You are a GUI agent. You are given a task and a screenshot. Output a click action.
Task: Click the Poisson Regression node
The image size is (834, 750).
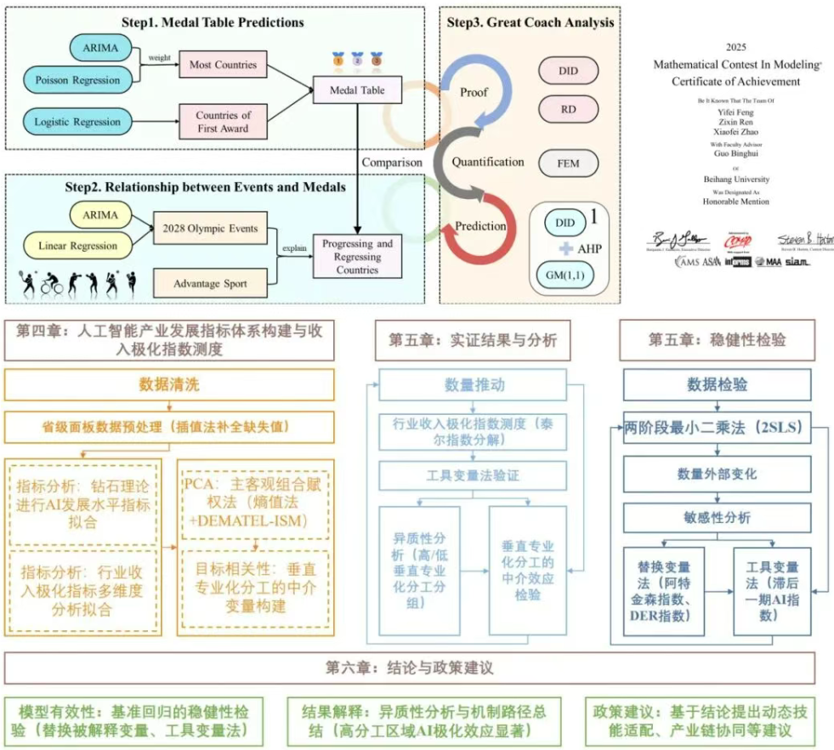coord(77,79)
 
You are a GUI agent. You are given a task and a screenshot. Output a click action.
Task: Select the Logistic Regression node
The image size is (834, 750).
coord(77,122)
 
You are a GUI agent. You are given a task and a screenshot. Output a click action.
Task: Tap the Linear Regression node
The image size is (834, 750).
coord(77,246)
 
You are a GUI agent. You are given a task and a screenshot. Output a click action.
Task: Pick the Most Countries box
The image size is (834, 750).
coord(224,65)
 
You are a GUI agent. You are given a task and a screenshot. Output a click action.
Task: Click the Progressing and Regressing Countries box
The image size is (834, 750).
coord(357,257)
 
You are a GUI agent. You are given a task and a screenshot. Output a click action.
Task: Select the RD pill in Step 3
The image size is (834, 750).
coord(569,108)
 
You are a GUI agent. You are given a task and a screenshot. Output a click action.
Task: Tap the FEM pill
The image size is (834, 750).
coord(569,162)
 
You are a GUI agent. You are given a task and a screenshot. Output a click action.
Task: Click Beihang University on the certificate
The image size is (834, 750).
coord(735,179)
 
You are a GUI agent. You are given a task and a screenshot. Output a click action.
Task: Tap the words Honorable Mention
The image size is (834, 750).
coord(735,202)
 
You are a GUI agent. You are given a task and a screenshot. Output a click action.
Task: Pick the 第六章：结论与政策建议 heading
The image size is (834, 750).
coord(410,668)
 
